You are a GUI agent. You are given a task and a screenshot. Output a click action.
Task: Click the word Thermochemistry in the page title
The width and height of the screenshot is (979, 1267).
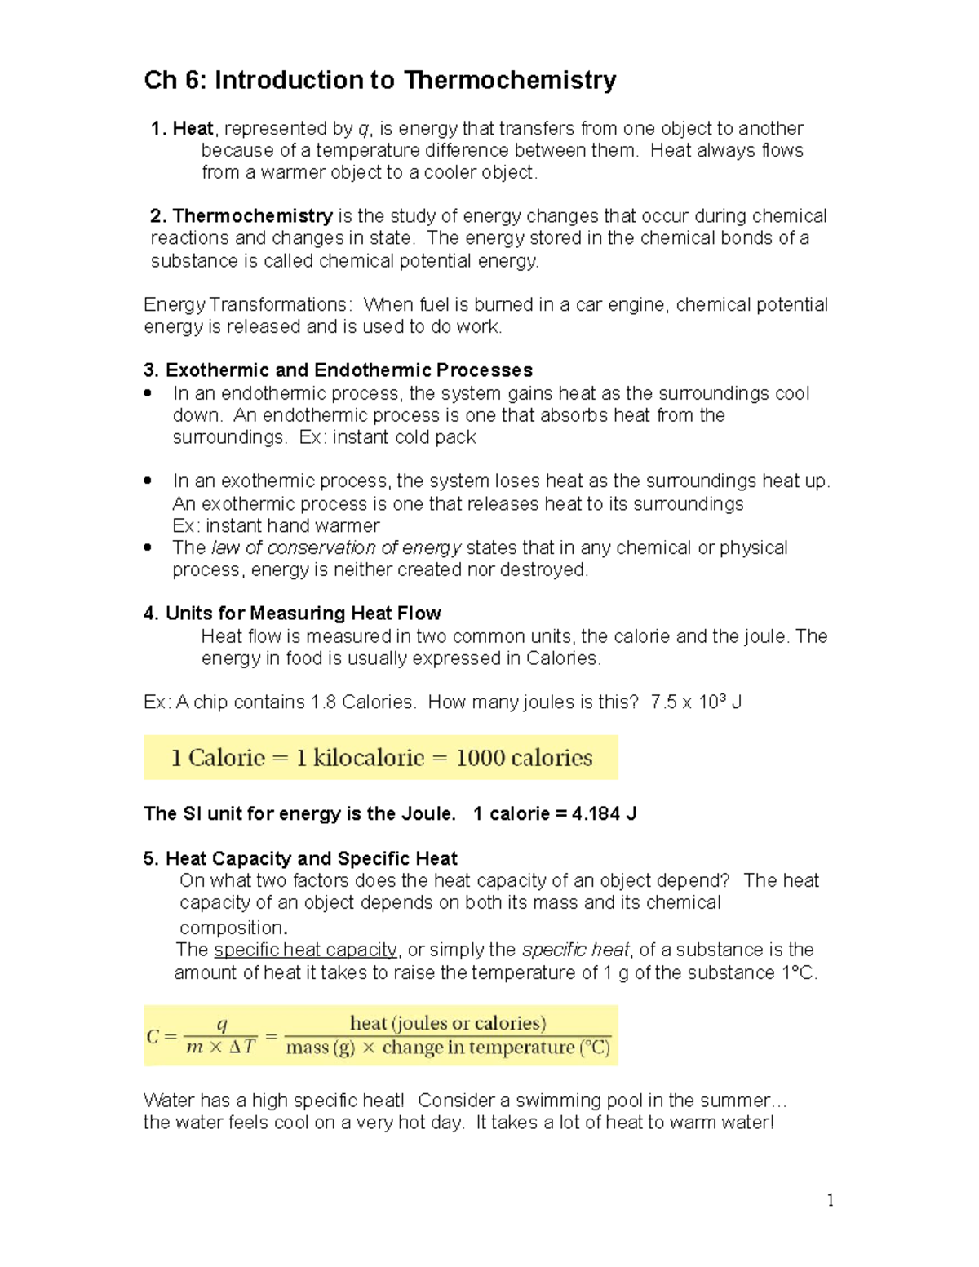510,80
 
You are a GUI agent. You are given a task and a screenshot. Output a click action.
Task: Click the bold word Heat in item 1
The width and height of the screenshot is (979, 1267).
193,128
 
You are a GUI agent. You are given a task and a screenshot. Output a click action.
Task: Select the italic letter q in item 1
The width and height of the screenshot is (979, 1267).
364,129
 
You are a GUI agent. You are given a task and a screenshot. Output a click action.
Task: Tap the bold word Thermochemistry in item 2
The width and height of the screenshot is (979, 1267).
252,215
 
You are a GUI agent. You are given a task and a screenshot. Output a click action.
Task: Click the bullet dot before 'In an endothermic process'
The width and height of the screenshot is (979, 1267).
148,393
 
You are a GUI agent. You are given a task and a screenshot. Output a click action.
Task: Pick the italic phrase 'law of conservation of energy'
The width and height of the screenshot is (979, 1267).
336,547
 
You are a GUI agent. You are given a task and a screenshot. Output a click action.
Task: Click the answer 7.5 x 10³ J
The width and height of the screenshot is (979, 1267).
696,702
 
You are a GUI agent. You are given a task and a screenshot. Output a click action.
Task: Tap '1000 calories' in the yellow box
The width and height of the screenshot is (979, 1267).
525,758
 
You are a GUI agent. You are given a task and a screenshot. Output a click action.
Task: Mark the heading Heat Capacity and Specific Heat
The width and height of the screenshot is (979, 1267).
311,858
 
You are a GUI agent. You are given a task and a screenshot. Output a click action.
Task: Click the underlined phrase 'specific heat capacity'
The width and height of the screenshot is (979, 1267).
306,950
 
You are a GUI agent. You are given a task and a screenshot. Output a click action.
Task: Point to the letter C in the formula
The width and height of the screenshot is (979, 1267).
153,1036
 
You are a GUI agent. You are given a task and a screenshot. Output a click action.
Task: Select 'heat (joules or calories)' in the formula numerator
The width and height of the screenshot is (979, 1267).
448,1023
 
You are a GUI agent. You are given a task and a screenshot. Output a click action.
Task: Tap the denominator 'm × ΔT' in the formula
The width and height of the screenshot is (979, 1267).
220,1047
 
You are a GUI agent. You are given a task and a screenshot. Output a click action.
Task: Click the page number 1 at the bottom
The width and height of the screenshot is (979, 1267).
831,1199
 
